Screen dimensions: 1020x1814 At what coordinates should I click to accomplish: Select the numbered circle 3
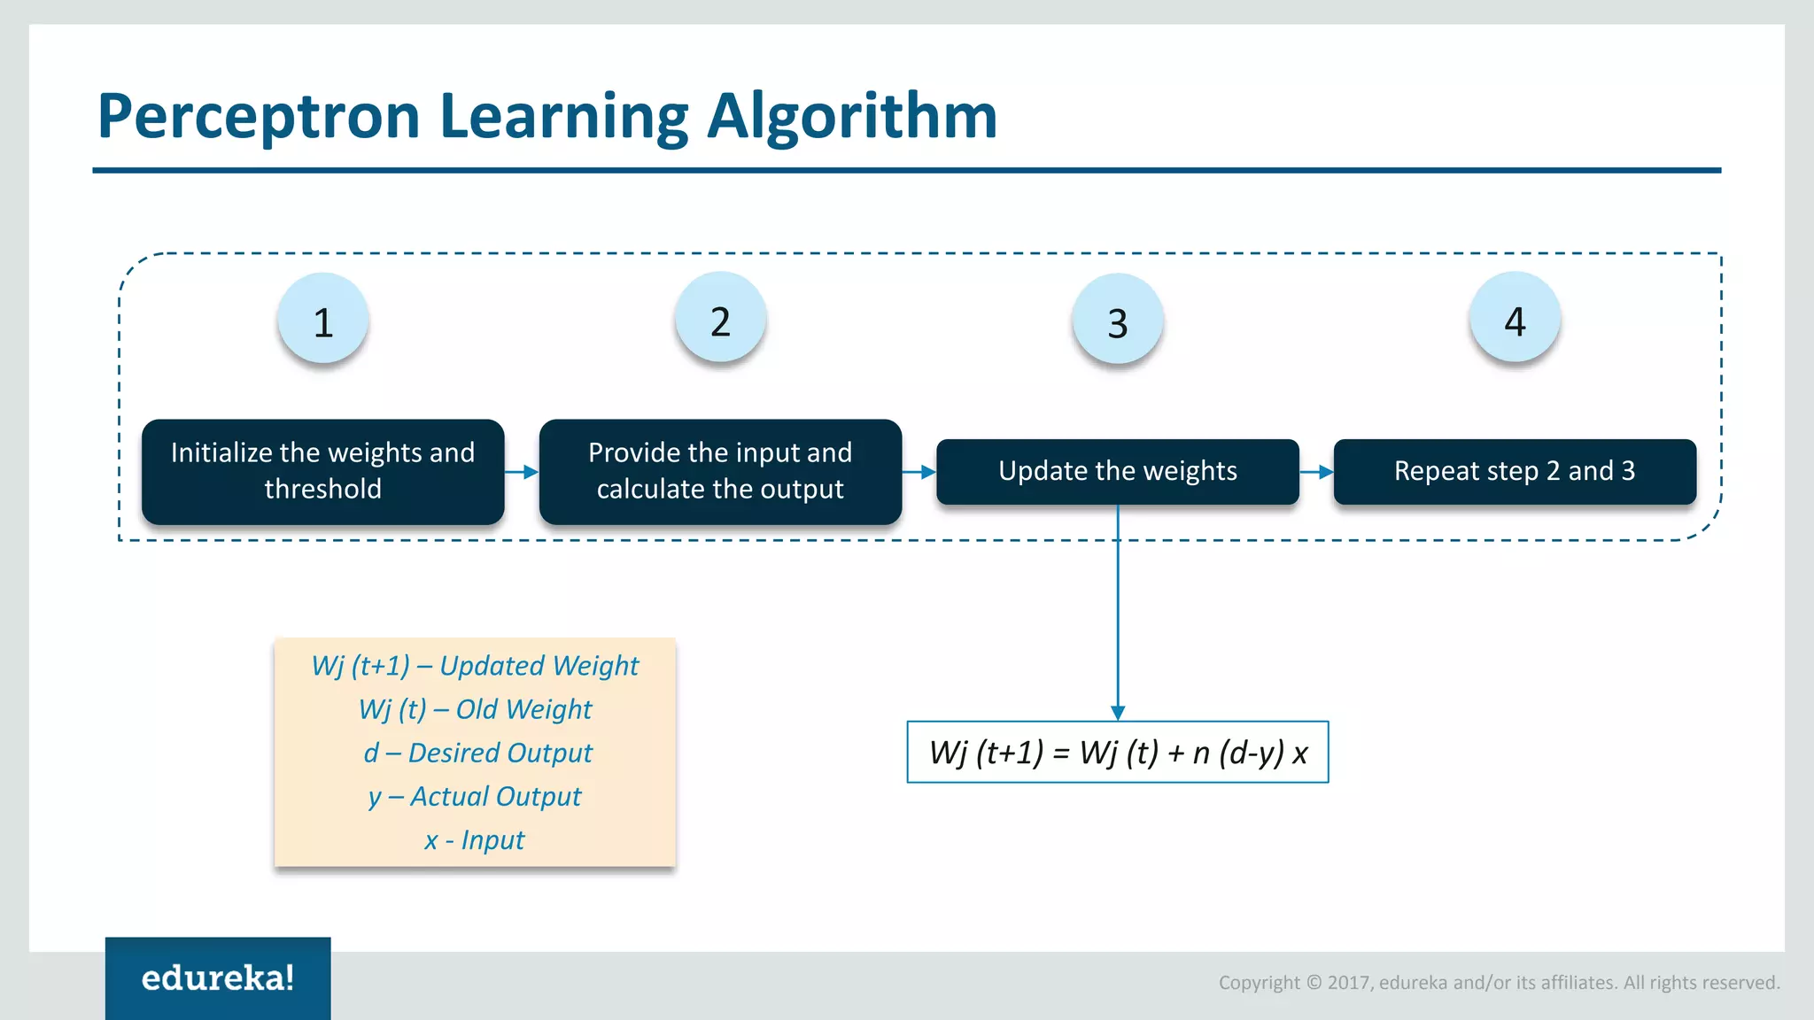click(x=1118, y=321)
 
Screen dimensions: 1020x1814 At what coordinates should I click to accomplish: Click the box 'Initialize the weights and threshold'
click(x=323, y=471)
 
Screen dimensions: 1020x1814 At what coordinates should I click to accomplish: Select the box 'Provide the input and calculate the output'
click(x=720, y=471)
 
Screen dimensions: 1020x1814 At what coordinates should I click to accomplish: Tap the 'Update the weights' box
click(x=1118, y=471)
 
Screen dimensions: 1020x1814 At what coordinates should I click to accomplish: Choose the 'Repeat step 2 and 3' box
click(x=1515, y=471)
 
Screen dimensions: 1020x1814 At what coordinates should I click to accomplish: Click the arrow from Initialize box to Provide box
click(x=523, y=472)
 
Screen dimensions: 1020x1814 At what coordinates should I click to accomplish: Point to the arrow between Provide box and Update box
click(x=919, y=472)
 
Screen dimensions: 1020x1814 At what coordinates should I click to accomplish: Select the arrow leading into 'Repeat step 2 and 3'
click(x=1317, y=472)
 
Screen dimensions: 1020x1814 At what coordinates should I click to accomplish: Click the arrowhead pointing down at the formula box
click(x=1118, y=713)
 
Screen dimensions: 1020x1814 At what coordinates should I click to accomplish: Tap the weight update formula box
click(x=1118, y=753)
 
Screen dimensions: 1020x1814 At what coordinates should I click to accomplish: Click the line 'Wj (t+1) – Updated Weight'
click(x=475, y=666)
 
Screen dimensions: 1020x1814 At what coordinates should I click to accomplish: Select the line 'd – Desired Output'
click(x=477, y=753)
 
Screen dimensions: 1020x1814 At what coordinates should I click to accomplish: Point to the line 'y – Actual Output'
click(x=475, y=796)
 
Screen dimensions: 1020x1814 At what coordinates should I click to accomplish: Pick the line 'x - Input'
click(x=475, y=839)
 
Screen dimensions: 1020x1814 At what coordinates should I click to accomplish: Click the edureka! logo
click(x=218, y=977)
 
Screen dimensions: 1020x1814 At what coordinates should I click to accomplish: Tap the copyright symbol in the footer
click(x=1314, y=983)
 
